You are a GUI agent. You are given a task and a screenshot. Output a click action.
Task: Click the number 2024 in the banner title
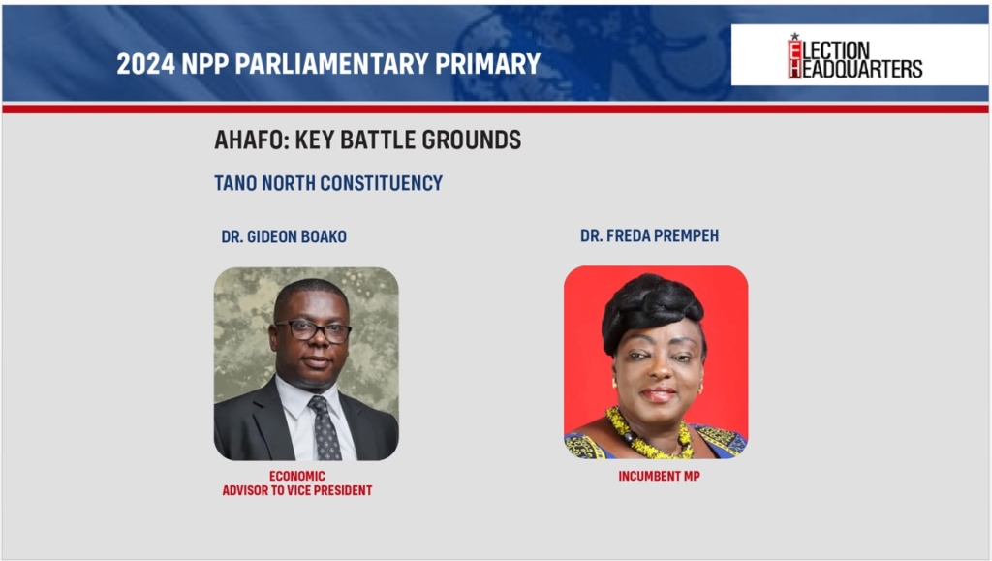tap(145, 64)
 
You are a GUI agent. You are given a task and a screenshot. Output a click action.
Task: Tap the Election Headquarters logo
tap(854, 55)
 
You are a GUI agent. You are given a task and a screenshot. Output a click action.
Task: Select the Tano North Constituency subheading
tap(328, 183)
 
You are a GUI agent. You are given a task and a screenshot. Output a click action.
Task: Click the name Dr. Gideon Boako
tap(284, 236)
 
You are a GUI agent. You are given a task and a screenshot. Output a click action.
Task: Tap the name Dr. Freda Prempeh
tap(650, 235)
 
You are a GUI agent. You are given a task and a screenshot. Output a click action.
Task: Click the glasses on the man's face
tap(313, 330)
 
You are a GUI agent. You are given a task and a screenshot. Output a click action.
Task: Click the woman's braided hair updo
tap(652, 308)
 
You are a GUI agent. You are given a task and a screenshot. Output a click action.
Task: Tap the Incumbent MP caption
tap(659, 477)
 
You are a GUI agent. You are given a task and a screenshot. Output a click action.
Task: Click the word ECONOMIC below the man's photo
tap(297, 477)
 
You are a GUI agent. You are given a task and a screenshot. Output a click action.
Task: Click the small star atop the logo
tap(794, 36)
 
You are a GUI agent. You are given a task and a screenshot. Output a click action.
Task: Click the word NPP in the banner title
tap(205, 64)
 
